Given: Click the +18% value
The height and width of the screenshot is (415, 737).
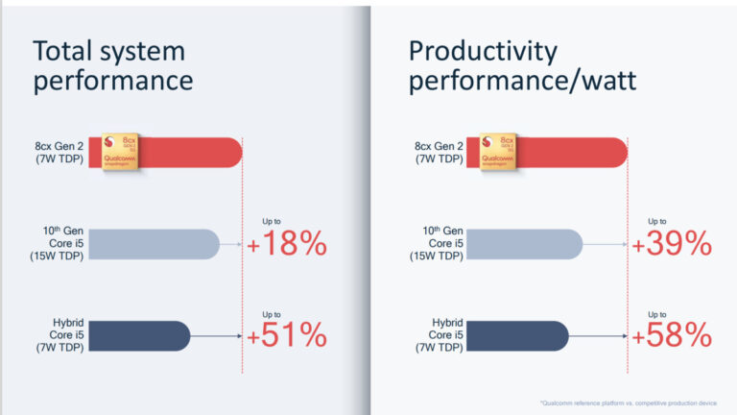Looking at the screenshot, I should [x=288, y=244].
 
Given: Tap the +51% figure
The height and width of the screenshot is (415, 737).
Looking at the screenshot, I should [x=288, y=335].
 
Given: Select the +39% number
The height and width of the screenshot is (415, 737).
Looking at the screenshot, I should [x=672, y=244].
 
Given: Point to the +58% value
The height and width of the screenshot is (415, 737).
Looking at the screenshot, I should [x=672, y=335].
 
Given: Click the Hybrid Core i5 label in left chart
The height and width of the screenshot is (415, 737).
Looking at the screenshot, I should [x=59, y=335].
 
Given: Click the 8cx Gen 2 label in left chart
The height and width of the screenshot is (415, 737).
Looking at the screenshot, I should [x=59, y=153].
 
